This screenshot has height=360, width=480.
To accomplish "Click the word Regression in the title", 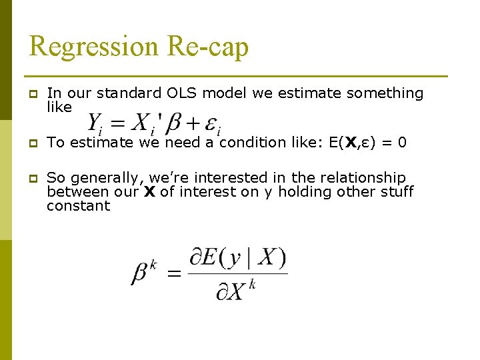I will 93,47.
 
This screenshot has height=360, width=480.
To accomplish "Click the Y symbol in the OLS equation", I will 96,121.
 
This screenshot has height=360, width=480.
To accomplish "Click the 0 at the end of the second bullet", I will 402,142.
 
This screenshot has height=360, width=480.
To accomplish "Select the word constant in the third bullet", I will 78,206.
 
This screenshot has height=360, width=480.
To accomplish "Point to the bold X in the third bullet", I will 149,192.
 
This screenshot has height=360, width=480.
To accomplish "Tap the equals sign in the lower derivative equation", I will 175,274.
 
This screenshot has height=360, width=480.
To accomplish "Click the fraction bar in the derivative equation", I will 238,273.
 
